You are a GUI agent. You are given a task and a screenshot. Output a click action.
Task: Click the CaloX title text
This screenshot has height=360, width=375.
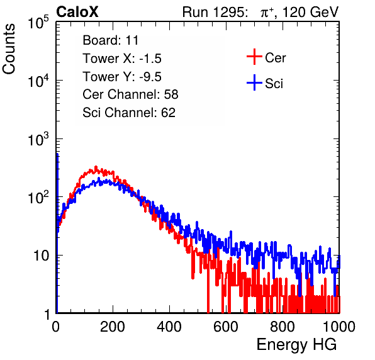77,12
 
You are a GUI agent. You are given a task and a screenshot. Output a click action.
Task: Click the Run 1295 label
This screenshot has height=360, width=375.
215,12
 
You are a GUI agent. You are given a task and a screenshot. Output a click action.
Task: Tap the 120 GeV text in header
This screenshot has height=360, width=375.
311,12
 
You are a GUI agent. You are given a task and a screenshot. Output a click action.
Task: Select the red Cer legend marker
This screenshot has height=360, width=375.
254,57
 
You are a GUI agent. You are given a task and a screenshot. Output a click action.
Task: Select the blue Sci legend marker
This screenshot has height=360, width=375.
254,82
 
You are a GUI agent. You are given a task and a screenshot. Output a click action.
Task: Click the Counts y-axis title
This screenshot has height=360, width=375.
9,49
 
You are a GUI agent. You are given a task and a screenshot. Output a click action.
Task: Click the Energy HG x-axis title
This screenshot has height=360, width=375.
296,345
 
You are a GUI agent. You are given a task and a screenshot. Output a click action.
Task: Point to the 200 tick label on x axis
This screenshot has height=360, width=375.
113,327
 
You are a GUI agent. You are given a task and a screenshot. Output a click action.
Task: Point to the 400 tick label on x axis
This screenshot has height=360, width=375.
169,327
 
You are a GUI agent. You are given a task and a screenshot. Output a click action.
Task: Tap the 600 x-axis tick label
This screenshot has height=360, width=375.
226,327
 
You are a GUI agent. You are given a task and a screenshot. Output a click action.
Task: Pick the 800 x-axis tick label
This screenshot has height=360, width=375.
283,327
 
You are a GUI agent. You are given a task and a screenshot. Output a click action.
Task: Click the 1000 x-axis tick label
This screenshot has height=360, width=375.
339,327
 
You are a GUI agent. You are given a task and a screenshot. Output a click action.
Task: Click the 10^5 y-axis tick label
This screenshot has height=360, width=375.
38,22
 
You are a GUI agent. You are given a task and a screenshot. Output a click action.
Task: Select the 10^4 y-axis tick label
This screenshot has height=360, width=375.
38,81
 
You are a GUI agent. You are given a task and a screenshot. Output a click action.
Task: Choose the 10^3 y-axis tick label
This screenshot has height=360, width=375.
38,140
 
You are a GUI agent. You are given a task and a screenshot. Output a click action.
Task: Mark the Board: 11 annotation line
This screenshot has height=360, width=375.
111,40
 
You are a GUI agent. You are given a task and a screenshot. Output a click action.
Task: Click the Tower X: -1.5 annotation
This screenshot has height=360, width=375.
122,59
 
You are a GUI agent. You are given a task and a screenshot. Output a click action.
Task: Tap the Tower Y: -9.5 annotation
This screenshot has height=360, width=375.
122,77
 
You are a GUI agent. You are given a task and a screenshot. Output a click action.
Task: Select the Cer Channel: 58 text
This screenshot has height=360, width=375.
130,94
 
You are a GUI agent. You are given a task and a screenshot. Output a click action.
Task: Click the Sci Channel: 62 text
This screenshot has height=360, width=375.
129,113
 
